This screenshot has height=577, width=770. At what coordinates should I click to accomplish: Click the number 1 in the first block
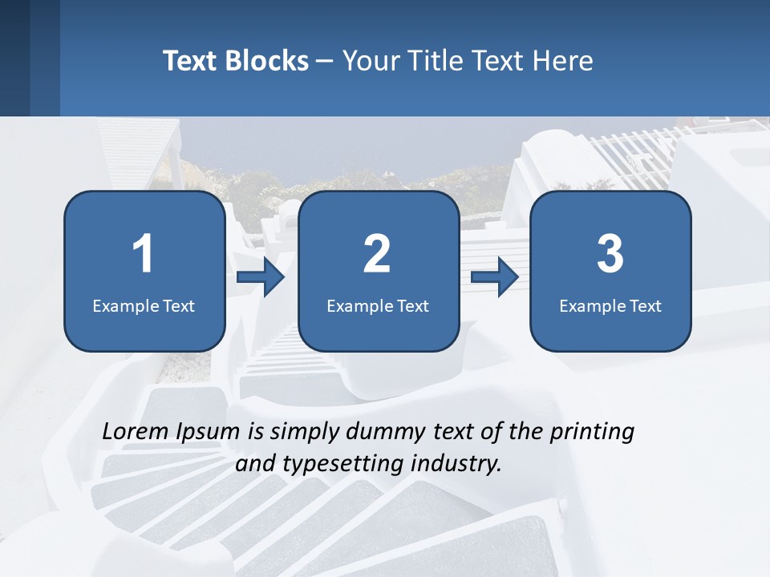(x=143, y=254)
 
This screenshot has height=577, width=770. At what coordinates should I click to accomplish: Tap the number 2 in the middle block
(x=377, y=254)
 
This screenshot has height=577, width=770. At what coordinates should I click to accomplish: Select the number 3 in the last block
(x=610, y=254)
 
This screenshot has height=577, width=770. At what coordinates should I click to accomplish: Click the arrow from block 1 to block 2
(x=261, y=278)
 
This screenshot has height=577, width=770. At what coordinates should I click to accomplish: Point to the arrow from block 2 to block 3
(x=495, y=278)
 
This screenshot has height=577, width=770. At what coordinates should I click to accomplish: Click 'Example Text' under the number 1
(x=144, y=305)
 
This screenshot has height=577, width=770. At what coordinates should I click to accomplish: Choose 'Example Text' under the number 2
(x=378, y=305)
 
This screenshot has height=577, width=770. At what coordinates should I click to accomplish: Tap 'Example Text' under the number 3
(x=610, y=305)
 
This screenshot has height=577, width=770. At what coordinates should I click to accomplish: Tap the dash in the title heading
(x=325, y=61)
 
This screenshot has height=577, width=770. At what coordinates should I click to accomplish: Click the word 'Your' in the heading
(x=367, y=61)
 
